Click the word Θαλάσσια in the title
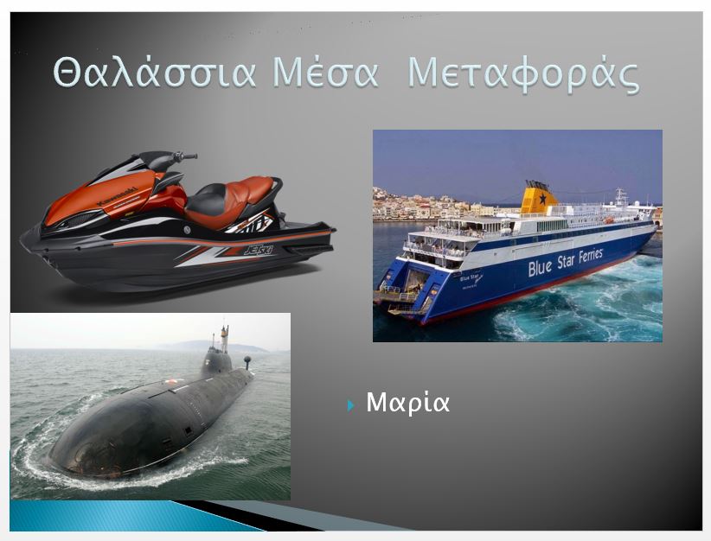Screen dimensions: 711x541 154,73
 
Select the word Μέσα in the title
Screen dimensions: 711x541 325,72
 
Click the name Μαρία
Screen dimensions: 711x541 407,403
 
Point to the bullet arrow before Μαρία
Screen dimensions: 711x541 350,405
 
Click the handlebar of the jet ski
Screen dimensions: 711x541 184,156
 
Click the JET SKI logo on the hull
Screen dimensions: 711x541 259,249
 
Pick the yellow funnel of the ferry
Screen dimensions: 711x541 539,198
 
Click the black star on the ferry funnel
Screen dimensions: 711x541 542,198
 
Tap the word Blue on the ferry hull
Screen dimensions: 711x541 540,267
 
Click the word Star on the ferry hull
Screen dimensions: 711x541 565,262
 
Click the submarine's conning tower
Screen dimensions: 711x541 217,359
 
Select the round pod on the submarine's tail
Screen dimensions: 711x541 247,360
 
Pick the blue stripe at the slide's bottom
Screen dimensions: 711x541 131,516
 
